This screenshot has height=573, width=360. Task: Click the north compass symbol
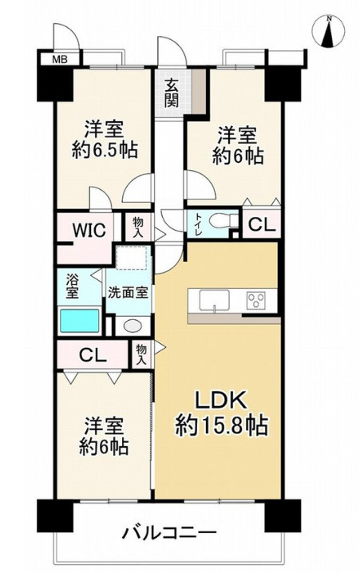coord(329,32)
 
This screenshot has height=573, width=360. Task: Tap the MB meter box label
coord(60,59)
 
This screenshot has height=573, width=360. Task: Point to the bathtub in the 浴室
coord(79,321)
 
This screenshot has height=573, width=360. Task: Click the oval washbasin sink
coord(133,326)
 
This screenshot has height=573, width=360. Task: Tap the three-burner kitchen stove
coord(256,300)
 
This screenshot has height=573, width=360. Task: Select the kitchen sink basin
coord(214,301)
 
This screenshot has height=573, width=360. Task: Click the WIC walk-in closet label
coord(89,230)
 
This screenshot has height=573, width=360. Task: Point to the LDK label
coord(220,401)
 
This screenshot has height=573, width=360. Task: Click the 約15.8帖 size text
coord(222,425)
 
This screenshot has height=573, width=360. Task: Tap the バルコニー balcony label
coord(169,534)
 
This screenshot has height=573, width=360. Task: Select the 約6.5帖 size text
coord(105,150)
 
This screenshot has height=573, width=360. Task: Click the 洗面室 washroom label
coord(128,293)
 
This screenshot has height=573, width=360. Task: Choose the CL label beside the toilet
coord(262,225)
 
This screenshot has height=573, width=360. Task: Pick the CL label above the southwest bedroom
coord(93,355)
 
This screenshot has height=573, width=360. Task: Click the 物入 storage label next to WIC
coord(137,227)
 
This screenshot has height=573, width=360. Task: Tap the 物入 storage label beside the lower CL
coord(141,355)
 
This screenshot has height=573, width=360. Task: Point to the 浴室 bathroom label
coord(72,287)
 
